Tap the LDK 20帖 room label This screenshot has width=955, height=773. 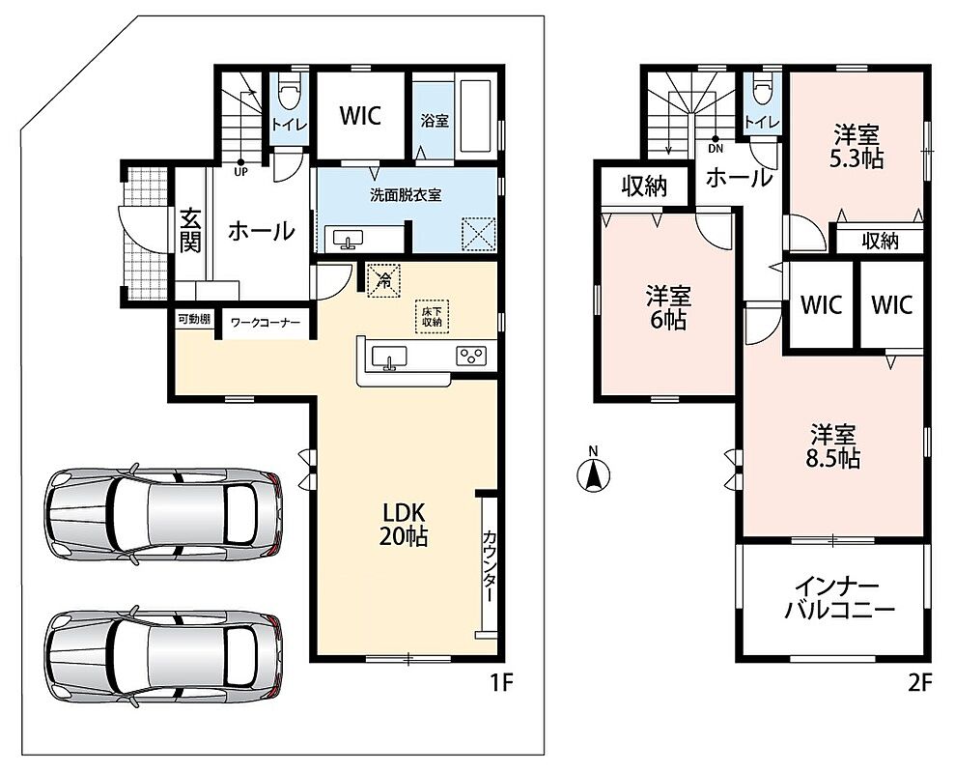(x=404, y=524)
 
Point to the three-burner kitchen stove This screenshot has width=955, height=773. (x=472, y=356)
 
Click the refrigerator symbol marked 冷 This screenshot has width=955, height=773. (x=383, y=280)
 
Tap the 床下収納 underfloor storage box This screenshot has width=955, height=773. (x=433, y=316)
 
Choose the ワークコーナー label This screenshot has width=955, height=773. (x=266, y=321)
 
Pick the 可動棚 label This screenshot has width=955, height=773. (x=194, y=319)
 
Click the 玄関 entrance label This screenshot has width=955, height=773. (x=190, y=231)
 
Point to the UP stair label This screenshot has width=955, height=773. (x=240, y=172)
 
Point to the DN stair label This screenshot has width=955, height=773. (x=716, y=148)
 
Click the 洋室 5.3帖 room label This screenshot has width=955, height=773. (x=857, y=146)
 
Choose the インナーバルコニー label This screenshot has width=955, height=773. (x=839, y=600)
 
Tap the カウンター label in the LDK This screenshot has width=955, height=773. (x=489, y=566)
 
